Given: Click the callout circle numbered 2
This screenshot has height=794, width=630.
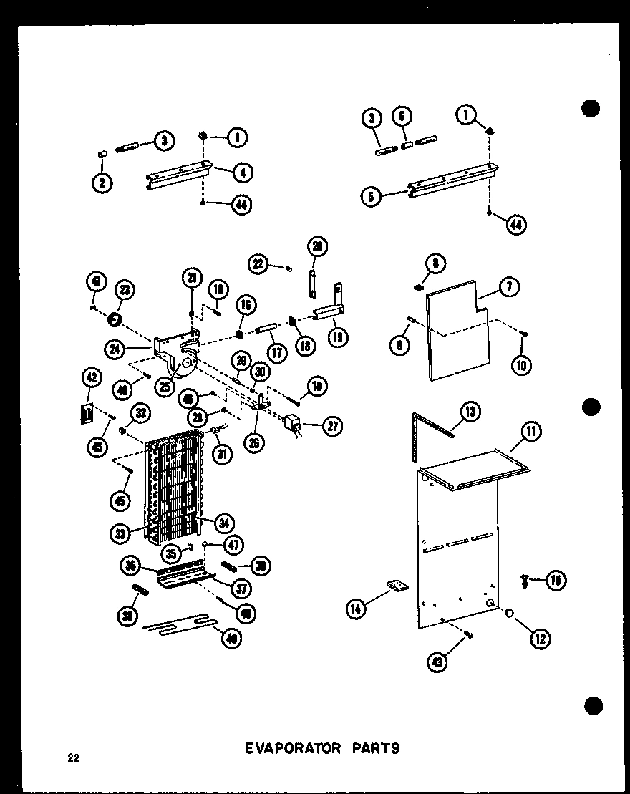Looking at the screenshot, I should click(x=102, y=183).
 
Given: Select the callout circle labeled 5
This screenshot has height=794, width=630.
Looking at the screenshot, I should click(x=370, y=195).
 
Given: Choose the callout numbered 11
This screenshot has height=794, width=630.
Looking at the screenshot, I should click(x=532, y=431).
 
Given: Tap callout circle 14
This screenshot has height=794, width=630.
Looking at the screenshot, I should click(x=356, y=609).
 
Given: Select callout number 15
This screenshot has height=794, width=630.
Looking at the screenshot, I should click(x=553, y=580).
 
